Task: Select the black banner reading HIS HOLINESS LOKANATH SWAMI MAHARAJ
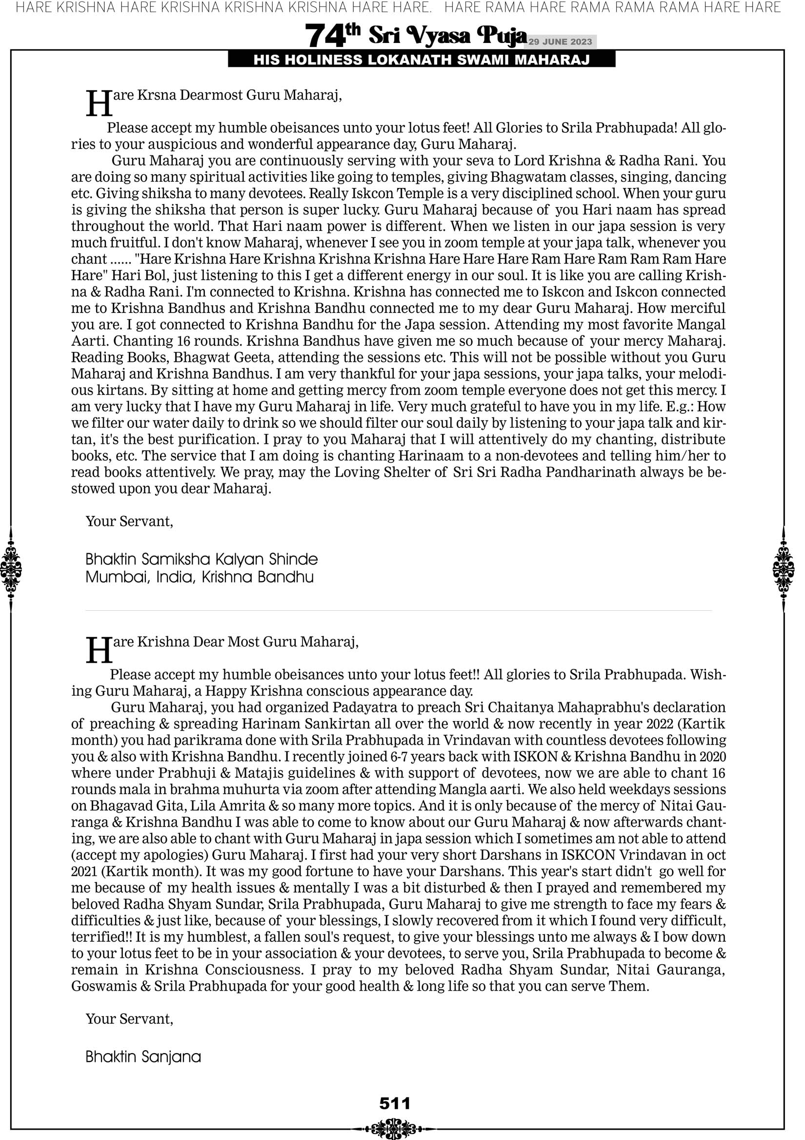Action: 422,60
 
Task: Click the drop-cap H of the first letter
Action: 99,104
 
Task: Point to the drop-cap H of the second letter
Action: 99,650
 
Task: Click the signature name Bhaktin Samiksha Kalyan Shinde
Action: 201,560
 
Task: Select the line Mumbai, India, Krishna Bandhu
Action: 200,577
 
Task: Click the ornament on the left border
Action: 11,569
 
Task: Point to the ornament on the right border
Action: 784,569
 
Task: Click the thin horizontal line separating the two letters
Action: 399,611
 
